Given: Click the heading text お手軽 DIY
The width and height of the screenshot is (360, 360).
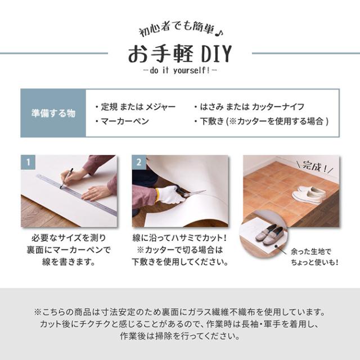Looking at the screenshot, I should pos(179,54).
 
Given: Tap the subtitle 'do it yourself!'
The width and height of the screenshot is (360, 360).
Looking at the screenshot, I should pos(179,72).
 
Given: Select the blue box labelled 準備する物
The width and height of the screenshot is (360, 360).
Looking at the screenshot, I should pos(53,113).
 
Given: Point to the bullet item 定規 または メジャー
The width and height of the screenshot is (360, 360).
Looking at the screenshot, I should pos(135,106).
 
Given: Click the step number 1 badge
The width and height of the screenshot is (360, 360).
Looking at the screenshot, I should pos(28,162).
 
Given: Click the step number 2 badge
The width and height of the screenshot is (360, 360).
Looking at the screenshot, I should pos(138,162).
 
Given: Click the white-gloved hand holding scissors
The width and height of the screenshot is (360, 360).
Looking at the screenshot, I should pos(169,195).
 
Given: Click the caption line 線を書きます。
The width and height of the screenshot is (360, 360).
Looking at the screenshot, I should pos(69,262).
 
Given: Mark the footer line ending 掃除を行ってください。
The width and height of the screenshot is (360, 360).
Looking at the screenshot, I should pos(179,337).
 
